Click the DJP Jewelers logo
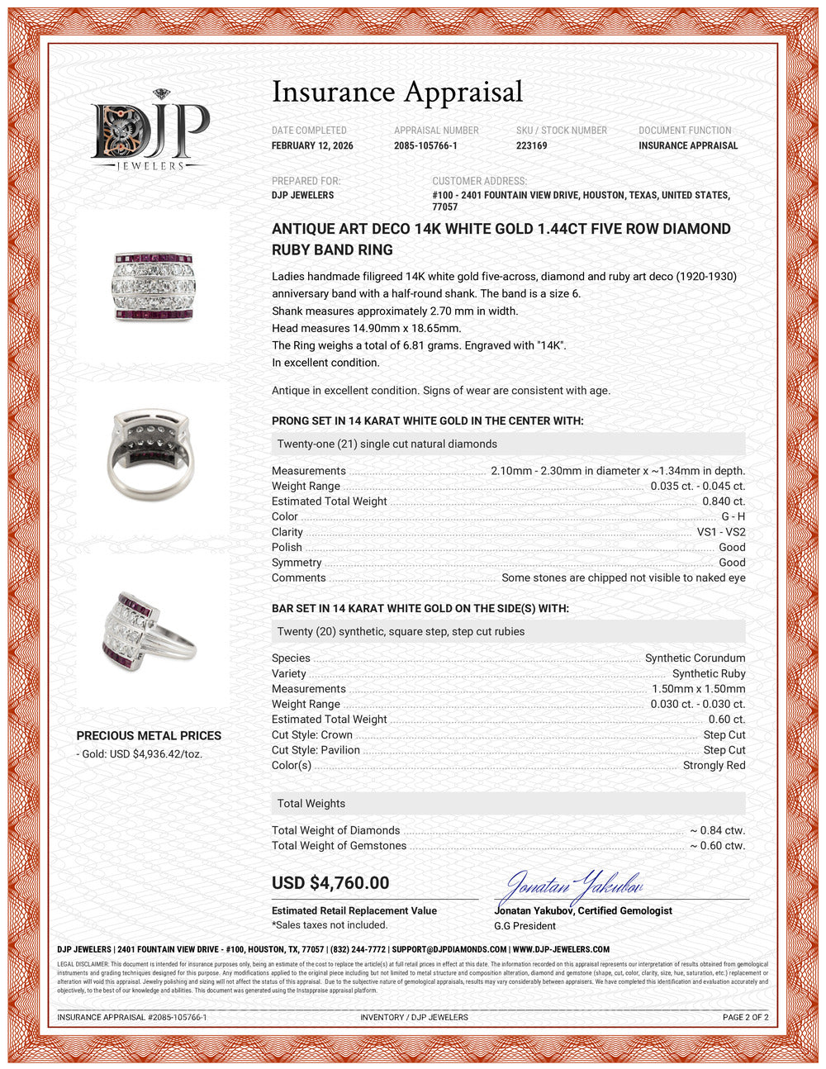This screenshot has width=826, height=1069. [x=150, y=131]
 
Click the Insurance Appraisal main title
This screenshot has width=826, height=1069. [x=397, y=92]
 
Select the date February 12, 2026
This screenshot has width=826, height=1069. [x=312, y=145]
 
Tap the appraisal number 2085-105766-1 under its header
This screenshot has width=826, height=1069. [x=425, y=145]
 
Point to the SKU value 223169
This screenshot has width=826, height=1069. [x=531, y=145]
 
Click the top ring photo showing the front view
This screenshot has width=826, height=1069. [x=152, y=286]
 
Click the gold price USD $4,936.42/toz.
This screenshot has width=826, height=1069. [x=141, y=754]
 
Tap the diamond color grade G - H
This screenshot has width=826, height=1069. [x=733, y=516]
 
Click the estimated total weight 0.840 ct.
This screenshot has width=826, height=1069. [x=724, y=501]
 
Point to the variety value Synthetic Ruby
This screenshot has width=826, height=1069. [x=709, y=673]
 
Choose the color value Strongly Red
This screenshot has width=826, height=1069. [x=714, y=765]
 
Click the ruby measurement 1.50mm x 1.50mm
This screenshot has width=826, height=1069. [x=699, y=689]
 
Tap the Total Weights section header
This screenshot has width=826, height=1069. [x=311, y=803]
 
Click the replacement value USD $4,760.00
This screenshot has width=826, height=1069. [x=330, y=882]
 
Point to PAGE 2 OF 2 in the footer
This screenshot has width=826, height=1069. [x=745, y=1017]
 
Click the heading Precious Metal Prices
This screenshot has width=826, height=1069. [x=149, y=735]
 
